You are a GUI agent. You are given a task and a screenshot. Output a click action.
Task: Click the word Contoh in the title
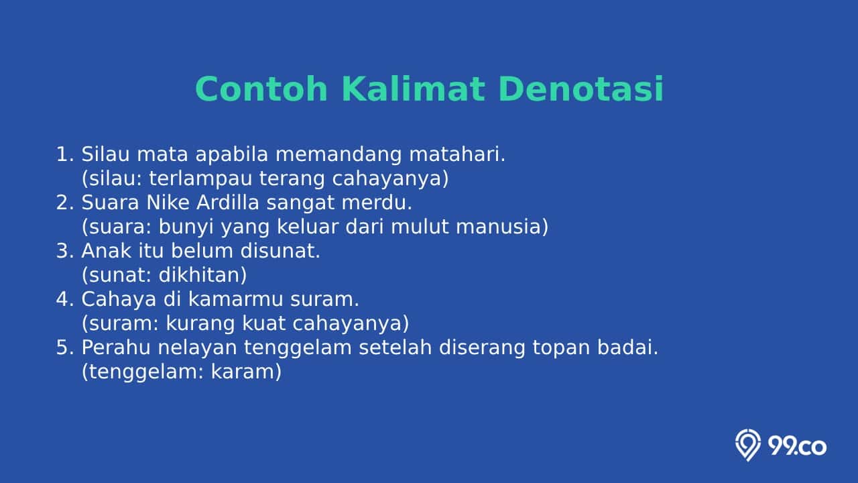tap(261, 89)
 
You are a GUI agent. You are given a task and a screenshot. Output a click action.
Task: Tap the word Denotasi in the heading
tap(580, 89)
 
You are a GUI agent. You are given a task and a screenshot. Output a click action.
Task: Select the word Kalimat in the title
tap(413, 89)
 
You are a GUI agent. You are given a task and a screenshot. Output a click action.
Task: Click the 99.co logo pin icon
tap(747, 445)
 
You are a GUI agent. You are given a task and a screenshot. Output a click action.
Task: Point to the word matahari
tap(457, 154)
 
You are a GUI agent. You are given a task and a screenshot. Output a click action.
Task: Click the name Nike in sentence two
tap(168, 203)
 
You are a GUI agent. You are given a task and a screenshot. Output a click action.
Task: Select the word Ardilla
tap(228, 203)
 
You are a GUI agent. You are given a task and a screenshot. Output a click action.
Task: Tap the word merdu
tap(377, 203)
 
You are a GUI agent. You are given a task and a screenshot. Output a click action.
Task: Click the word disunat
tap(280, 251)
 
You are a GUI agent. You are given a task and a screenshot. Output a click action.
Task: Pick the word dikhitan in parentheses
tap(202, 275)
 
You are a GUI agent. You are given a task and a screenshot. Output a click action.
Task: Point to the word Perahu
tap(116, 347)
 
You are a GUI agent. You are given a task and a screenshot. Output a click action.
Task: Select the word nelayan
tap(197, 348)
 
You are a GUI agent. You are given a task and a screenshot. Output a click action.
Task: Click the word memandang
tap(339, 155)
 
